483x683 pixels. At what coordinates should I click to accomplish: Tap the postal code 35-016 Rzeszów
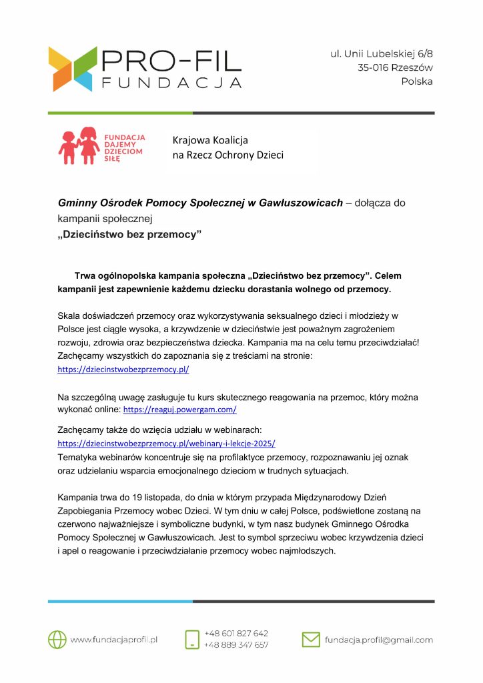click(x=395, y=67)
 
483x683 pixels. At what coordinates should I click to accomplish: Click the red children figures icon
click(x=79, y=145)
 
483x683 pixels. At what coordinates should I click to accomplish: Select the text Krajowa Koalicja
click(x=210, y=140)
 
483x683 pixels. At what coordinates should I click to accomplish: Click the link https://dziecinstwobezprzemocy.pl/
click(x=123, y=369)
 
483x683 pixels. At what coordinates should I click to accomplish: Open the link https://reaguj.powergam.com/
click(x=180, y=410)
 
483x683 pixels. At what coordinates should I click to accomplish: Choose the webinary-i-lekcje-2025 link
click(x=167, y=443)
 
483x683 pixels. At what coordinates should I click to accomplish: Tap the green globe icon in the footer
click(x=57, y=639)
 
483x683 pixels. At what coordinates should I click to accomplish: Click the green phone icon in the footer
click(x=192, y=639)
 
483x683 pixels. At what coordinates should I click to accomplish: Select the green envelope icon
click(x=311, y=639)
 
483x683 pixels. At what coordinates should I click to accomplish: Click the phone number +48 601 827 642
click(x=236, y=633)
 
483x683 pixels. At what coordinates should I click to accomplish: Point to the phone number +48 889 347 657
click(x=236, y=645)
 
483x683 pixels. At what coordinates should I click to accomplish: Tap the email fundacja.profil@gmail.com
click(x=378, y=640)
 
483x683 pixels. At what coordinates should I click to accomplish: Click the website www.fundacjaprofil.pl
click(x=113, y=640)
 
